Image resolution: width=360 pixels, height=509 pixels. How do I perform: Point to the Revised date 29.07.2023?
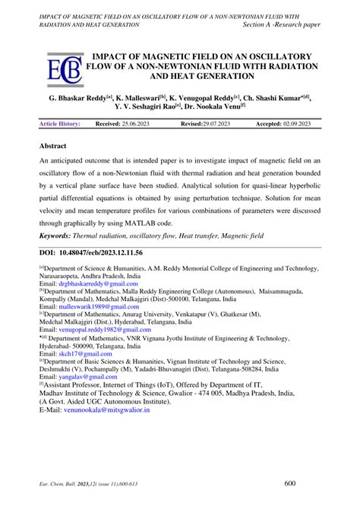213,123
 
